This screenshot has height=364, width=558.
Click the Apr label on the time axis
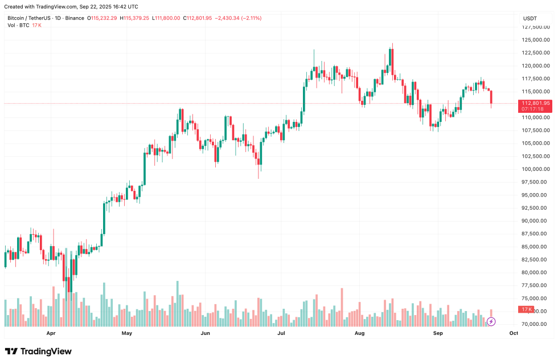point(51,333)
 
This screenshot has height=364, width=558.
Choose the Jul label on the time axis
point(281,333)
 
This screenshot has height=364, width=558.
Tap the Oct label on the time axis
point(514,333)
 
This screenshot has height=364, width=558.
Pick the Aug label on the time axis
point(359,333)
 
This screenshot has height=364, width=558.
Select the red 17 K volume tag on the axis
point(527,309)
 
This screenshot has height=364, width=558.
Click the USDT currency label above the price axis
point(530,18)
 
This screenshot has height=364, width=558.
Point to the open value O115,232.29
point(102,18)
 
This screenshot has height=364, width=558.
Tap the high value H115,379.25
point(134,18)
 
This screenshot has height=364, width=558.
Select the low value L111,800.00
point(166,18)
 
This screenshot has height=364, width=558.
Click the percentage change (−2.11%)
point(251,18)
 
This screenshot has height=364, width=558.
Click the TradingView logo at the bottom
point(38,351)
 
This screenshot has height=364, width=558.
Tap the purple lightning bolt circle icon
point(491,322)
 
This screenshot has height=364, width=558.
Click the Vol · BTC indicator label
point(18,26)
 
